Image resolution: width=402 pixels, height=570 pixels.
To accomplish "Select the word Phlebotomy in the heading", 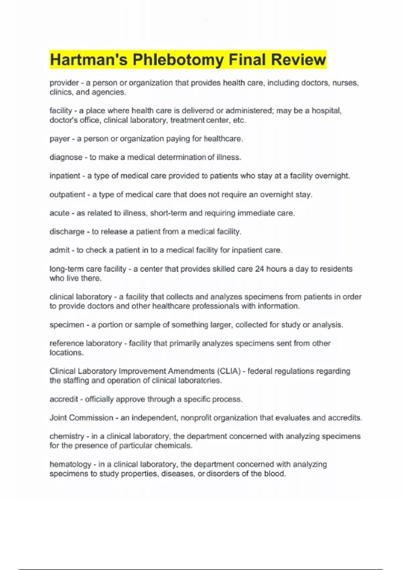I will pyautogui.click(x=178, y=60).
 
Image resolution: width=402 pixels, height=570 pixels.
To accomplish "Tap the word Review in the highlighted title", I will pyautogui.click(x=298, y=60).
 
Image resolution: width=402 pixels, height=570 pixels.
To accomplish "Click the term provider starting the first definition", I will pyautogui.click(x=64, y=83).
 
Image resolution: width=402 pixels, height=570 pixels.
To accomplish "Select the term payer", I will pyautogui.click(x=60, y=139).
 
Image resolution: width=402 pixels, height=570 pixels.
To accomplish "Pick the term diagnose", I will pyautogui.click(x=66, y=157).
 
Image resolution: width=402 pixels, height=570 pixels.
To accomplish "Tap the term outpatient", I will pyautogui.click(x=67, y=194).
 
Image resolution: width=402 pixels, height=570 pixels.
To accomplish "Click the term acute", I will pyautogui.click(x=59, y=213).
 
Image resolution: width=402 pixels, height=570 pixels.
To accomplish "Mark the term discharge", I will pyautogui.click(x=67, y=232).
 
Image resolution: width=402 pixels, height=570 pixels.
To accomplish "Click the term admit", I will pyautogui.click(x=60, y=250).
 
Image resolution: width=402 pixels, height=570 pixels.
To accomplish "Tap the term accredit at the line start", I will pyautogui.click(x=64, y=399).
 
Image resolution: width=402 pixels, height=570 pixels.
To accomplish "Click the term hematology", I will pyautogui.click(x=70, y=464).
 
